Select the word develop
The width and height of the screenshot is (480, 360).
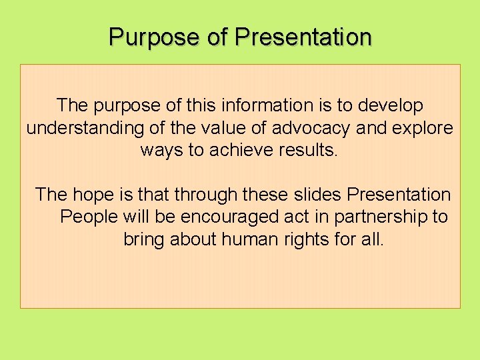390,105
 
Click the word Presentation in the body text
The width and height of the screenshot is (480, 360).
399,195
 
